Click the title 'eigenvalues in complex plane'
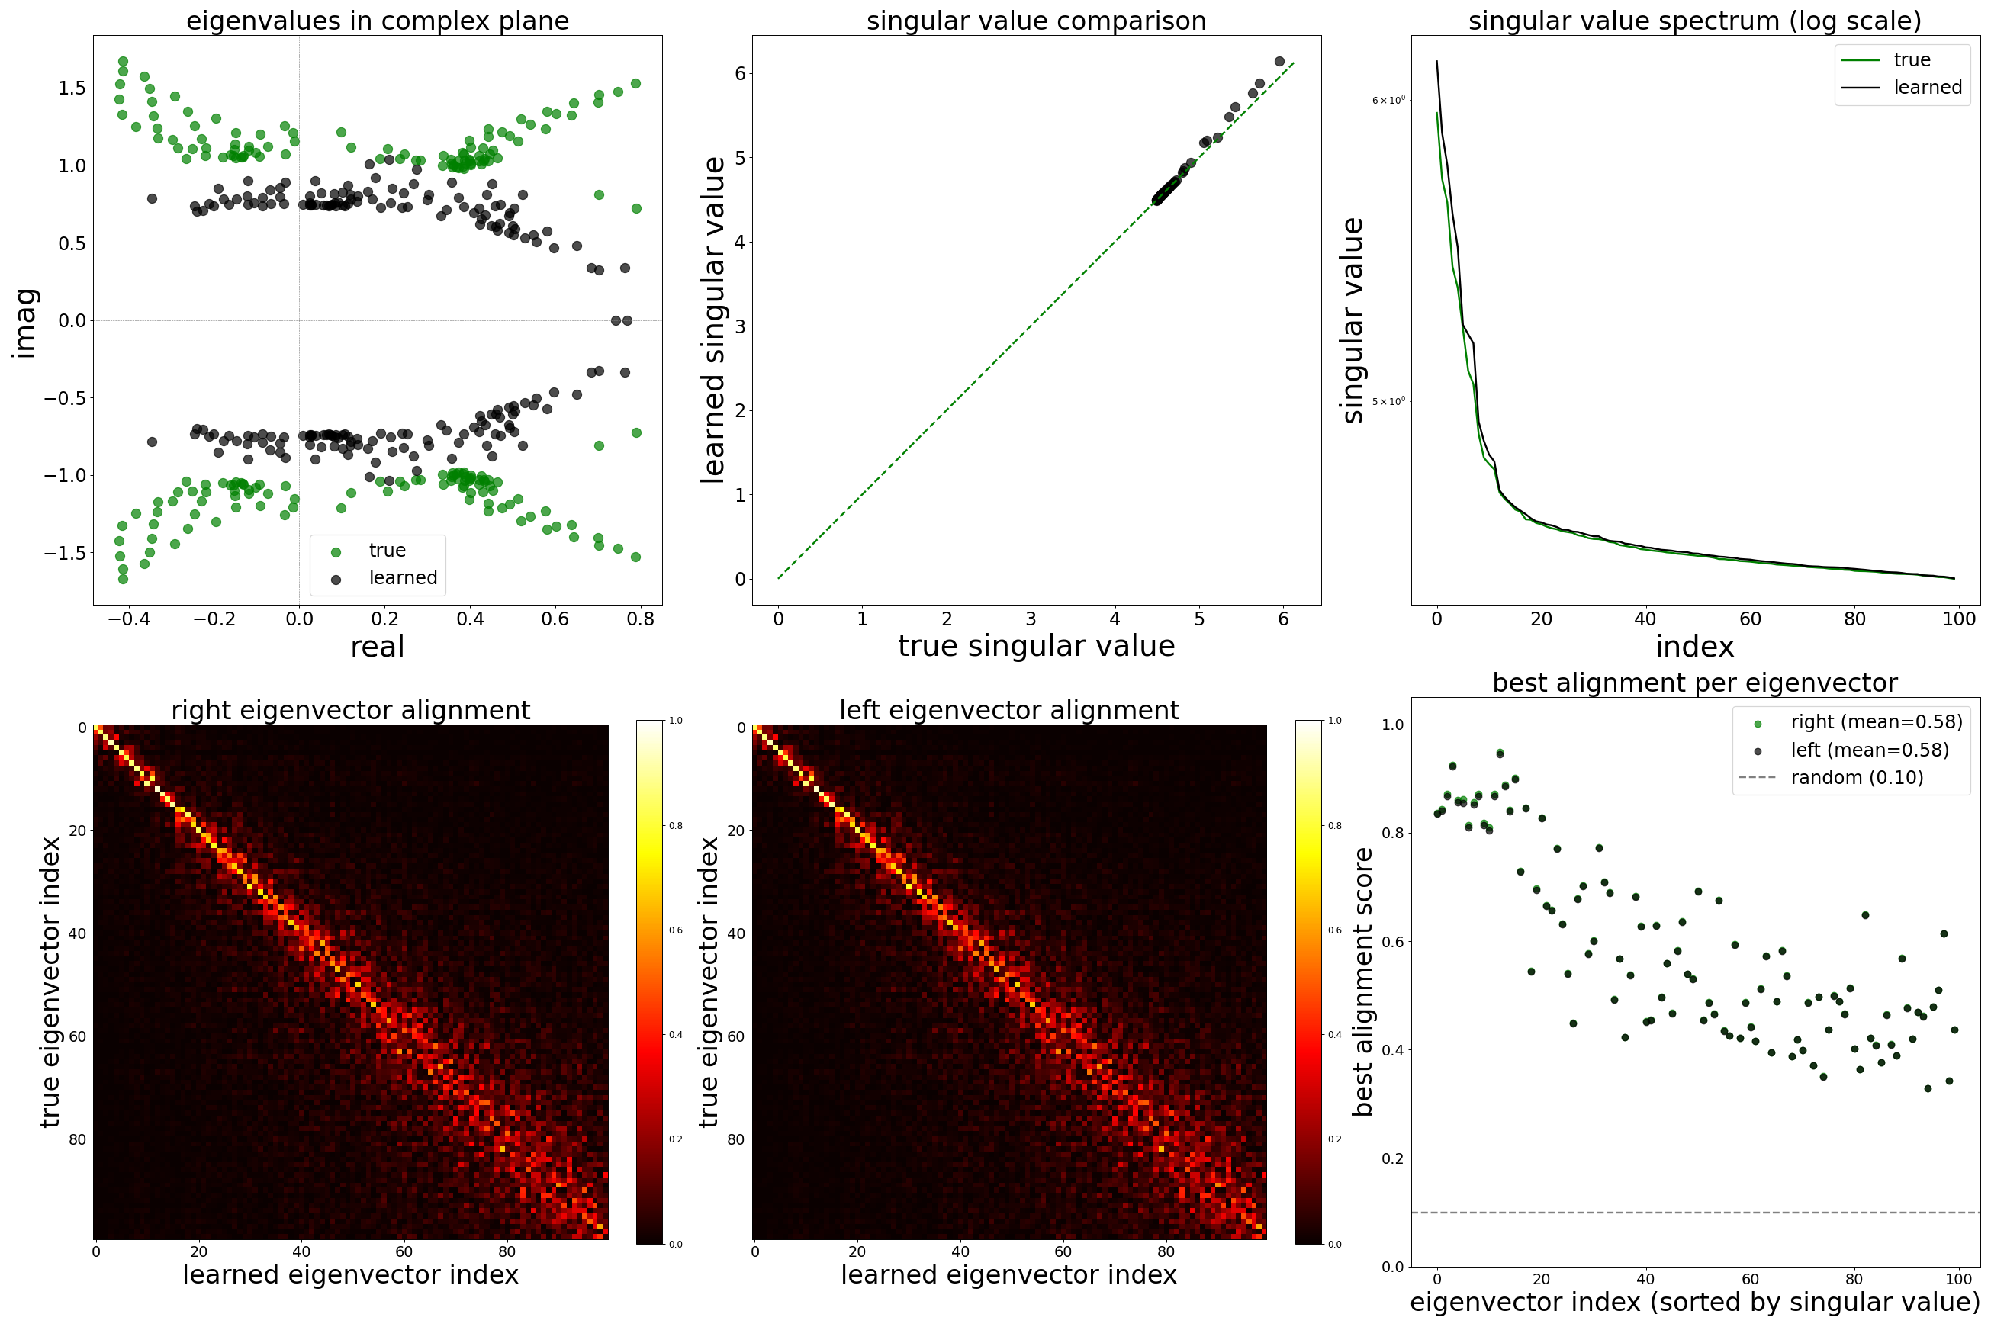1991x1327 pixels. click(x=378, y=21)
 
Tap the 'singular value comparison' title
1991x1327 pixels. click(x=1036, y=21)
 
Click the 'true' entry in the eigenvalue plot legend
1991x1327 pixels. click(x=387, y=550)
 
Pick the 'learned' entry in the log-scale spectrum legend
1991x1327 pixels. click(x=1928, y=87)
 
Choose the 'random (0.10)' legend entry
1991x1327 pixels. click(x=1857, y=777)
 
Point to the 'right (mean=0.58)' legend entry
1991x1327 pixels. click(x=1876, y=722)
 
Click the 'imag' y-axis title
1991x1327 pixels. click(x=25, y=323)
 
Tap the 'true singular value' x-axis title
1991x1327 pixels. click(x=1036, y=646)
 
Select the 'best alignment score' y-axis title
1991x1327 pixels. click(x=1362, y=982)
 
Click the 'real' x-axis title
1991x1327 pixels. click(x=378, y=647)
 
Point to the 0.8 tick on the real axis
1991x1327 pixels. click(x=641, y=619)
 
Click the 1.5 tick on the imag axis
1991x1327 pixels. click(x=72, y=88)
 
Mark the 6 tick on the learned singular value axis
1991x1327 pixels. click(x=740, y=74)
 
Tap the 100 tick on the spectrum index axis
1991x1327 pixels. click(x=1959, y=619)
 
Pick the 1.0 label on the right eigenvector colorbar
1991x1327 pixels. click(x=676, y=720)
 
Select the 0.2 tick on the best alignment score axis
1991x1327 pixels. click(x=1392, y=1158)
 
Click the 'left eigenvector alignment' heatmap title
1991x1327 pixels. click(x=1009, y=710)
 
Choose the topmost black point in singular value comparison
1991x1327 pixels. click(x=1279, y=62)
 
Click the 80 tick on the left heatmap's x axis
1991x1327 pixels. click(x=1166, y=1251)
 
